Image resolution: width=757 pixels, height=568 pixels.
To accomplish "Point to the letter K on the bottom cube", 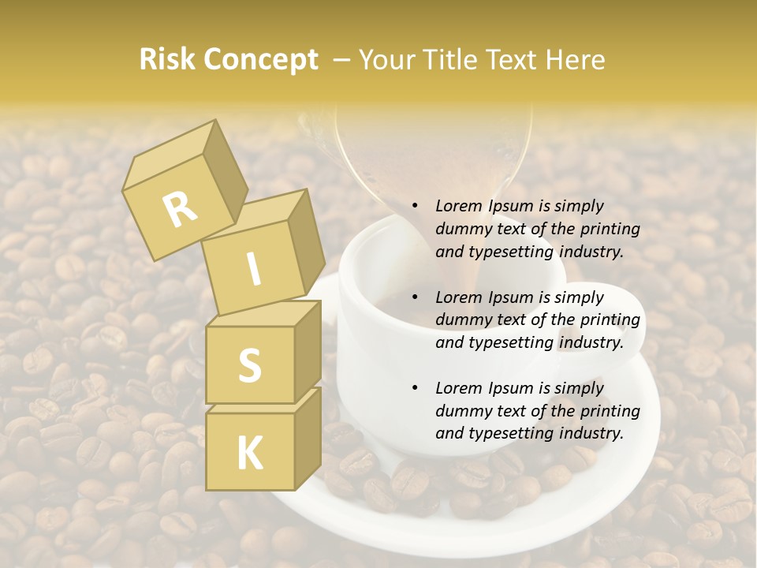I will pyautogui.click(x=249, y=453).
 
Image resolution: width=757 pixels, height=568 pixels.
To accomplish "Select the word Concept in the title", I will pyautogui.click(x=263, y=60).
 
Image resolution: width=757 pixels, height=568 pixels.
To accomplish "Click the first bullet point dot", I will pyautogui.click(x=415, y=207).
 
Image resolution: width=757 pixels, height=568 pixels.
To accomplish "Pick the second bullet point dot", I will pyautogui.click(x=415, y=298).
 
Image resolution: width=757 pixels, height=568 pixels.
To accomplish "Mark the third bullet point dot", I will pyautogui.click(x=415, y=389).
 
